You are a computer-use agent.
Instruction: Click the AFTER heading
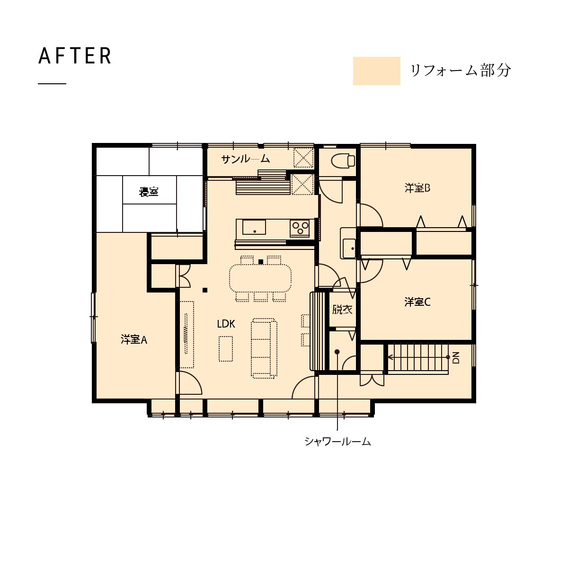(75, 56)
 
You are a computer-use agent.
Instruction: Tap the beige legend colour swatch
(376, 71)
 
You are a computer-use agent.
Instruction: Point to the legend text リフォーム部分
(461, 71)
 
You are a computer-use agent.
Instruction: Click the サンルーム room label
(246, 159)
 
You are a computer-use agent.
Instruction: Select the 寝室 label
(149, 192)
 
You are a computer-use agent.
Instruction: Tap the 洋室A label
(134, 339)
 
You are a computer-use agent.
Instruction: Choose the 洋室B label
(417, 188)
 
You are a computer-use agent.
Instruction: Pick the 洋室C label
(417, 302)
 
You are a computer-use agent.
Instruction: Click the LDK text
(226, 324)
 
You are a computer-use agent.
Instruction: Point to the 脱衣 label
(342, 309)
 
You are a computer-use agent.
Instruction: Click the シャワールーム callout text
(338, 441)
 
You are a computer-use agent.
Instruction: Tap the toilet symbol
(343, 161)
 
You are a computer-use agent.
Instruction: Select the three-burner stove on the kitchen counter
(300, 228)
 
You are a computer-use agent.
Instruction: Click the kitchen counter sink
(254, 227)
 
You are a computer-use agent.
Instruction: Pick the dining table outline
(260, 278)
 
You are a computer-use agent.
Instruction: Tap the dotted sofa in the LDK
(264, 348)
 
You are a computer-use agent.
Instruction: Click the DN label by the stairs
(456, 357)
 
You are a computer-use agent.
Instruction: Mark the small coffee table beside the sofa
(226, 349)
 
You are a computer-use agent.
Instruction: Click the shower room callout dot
(337, 352)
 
